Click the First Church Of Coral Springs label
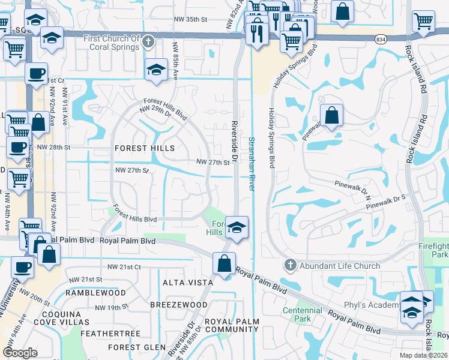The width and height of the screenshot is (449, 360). pyautogui.click(x=112, y=43)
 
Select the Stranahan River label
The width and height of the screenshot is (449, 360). pyautogui.click(x=251, y=164)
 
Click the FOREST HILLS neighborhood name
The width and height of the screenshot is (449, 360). pyautogui.click(x=146, y=148)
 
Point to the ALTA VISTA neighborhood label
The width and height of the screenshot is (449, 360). pyautogui.click(x=188, y=282)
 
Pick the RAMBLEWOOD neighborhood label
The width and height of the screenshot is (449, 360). pyautogui.click(x=96, y=293)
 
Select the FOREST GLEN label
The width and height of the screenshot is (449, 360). pyautogui.click(x=137, y=347)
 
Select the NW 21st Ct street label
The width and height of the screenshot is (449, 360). pyautogui.click(x=124, y=266)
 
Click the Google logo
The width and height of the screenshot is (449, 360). pyautogui.click(x=20, y=353)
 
